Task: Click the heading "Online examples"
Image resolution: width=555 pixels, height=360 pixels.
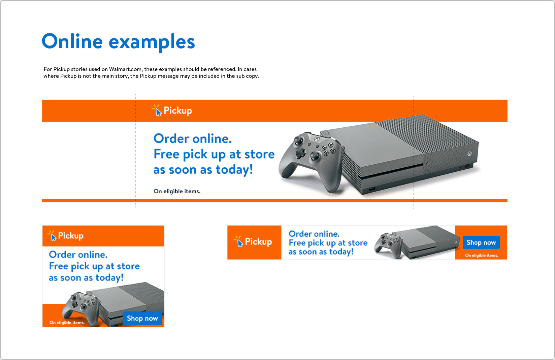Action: point(118,41)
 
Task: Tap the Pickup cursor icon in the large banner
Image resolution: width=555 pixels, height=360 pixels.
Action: point(157,110)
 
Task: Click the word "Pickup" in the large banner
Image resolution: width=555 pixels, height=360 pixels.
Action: point(178,111)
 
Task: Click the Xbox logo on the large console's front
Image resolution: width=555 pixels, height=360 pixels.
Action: point(469,154)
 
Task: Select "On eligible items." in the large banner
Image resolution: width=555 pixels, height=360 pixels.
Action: point(177,191)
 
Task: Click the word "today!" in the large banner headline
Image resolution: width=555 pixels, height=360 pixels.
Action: point(234,170)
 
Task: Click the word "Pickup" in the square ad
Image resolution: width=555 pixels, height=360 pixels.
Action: point(71,236)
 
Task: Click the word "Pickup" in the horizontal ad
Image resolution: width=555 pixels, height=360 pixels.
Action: point(258,241)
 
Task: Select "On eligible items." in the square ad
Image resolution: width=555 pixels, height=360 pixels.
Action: point(67,323)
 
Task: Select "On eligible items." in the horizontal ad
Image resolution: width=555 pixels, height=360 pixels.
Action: point(481,256)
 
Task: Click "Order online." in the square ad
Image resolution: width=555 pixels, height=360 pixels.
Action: point(78,255)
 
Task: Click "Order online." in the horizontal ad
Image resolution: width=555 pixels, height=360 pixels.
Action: point(314,234)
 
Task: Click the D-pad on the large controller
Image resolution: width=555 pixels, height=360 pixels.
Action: point(300,154)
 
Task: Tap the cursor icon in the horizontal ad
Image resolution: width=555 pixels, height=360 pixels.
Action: point(238,241)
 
